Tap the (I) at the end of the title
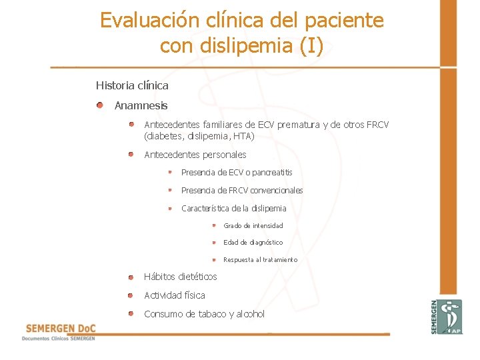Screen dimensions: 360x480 [x=311, y=46]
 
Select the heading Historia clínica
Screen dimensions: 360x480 [x=132, y=85]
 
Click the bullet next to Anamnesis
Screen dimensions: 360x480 [x=99, y=105]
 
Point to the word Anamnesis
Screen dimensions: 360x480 [x=141, y=105]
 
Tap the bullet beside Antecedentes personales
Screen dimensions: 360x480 [x=131, y=154]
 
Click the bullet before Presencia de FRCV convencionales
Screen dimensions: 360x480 [x=170, y=190]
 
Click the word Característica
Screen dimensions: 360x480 [x=205, y=209]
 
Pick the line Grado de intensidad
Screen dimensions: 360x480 [x=253, y=226]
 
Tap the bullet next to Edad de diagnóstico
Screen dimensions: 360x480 [x=214, y=242]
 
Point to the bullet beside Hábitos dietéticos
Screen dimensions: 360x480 [x=131, y=276]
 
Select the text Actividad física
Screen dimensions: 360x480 [x=175, y=295]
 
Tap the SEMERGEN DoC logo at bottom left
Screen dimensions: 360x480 [x=60, y=331]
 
